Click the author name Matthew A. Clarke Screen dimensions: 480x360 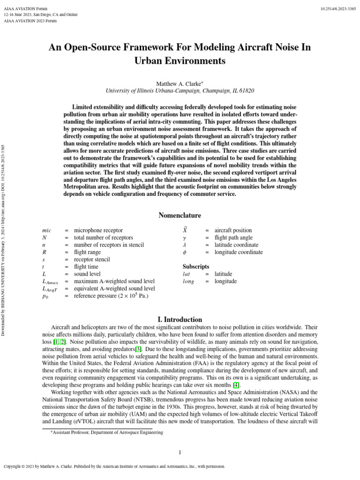pyautogui.click(x=179, y=83)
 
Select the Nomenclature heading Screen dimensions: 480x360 pyautogui.click(x=180, y=216)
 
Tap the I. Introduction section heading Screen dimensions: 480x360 pyautogui.click(x=180, y=319)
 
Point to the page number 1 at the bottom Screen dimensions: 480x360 pyautogui.click(x=180, y=452)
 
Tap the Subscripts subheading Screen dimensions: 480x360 pyautogui.click(x=195, y=266)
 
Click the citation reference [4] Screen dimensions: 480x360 pyautogui.click(x=237, y=385)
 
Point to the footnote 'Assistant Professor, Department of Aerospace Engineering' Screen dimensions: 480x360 pyautogui.click(x=107, y=433)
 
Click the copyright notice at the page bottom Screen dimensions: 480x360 pyautogui.click(x=114, y=467)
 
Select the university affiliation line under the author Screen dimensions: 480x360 pyautogui.click(x=180, y=90)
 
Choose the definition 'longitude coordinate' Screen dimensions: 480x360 pyautogui.click(x=239, y=252)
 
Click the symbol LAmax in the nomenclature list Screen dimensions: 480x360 pyautogui.click(x=50, y=281)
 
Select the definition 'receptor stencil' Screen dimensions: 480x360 pyautogui.click(x=92, y=259)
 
